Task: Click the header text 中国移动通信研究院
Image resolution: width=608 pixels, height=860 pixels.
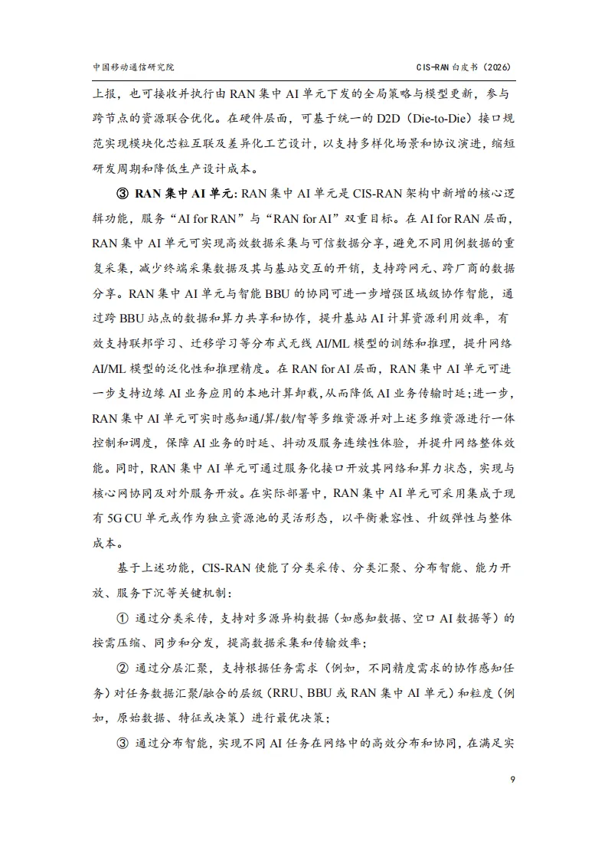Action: point(132,67)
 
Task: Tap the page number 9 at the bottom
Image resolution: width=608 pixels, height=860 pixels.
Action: point(512,780)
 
